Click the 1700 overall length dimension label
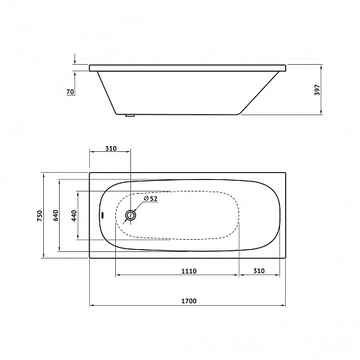[x=189, y=301]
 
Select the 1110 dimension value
[x=189, y=271]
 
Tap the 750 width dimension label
[x=40, y=215]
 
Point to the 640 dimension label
[x=55, y=215]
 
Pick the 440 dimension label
[x=74, y=215]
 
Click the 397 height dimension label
[x=318, y=90]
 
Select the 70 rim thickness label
[x=70, y=91]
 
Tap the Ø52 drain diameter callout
[x=150, y=199]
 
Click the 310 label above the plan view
[x=111, y=148]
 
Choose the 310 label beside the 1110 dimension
[x=259, y=271]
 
